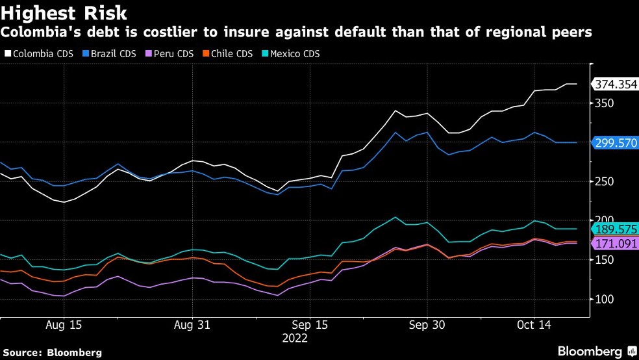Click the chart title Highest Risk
coord(64,13)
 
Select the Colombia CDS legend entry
coord(39,54)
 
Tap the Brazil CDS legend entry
coord(109,54)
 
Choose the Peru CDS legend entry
coord(169,54)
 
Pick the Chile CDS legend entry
coord(228,54)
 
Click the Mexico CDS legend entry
coord(291,54)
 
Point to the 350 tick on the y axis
coord(605,103)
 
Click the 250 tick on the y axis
coord(605,181)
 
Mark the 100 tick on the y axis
coord(605,299)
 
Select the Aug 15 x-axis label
coord(64,325)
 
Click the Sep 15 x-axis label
coord(310,325)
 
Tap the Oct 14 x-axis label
coord(534,325)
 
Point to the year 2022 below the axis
coord(295,339)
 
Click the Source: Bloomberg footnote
coord(52,353)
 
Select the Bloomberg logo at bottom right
coord(597,351)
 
